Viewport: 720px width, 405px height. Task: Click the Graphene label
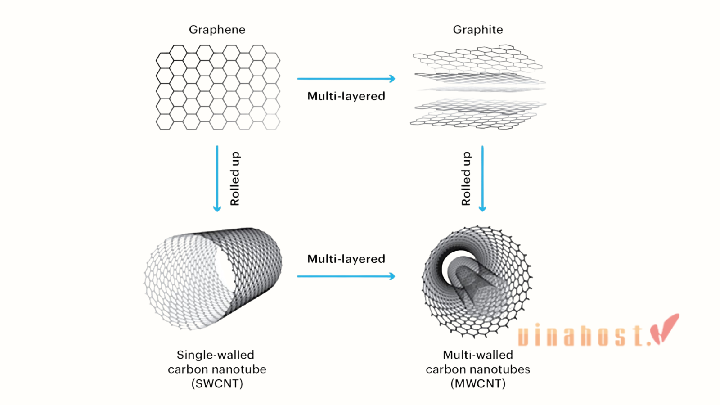(x=217, y=30)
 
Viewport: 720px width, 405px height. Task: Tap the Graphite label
(x=477, y=30)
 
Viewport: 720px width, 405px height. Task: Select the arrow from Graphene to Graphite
(x=346, y=78)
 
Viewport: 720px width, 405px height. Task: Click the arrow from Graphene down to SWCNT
(x=217, y=179)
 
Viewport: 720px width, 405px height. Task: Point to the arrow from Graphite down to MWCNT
(x=482, y=179)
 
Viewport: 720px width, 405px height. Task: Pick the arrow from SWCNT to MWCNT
(x=346, y=276)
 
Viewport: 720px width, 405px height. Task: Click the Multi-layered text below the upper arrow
(x=346, y=96)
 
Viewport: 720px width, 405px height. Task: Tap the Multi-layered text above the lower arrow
(x=346, y=259)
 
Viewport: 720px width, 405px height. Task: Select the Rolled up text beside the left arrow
(x=235, y=179)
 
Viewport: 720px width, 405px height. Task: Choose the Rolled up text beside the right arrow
(x=466, y=179)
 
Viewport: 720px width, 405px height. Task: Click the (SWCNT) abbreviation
(x=217, y=383)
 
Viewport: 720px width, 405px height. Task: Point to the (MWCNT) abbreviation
(x=478, y=383)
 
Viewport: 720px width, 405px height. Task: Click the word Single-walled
(x=216, y=355)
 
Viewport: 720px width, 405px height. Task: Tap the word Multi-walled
(x=478, y=355)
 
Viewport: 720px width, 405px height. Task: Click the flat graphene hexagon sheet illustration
(x=218, y=87)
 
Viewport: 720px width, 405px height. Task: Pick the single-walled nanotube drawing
(x=213, y=279)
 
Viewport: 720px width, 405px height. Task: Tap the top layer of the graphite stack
(x=477, y=58)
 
